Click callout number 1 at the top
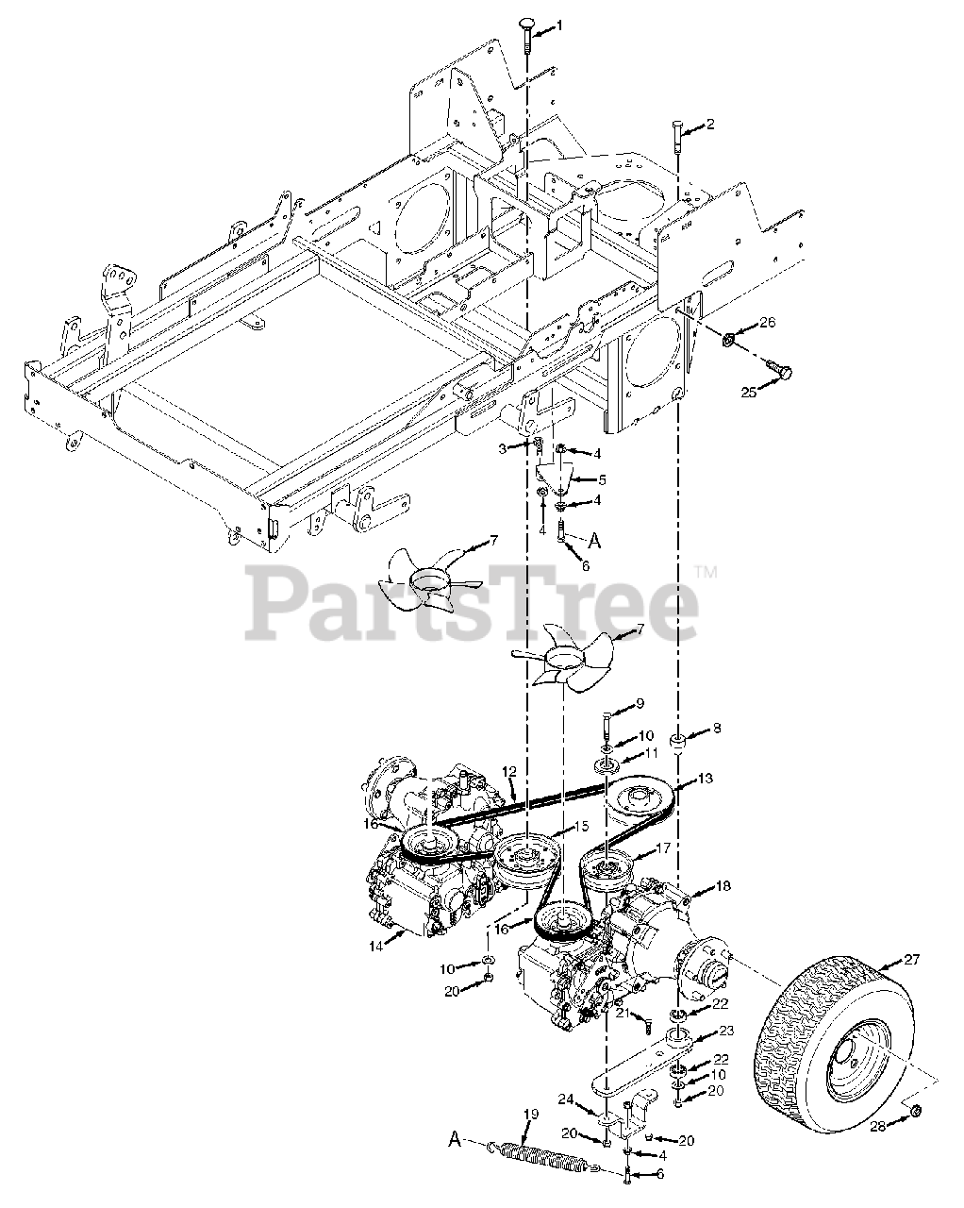click(x=557, y=26)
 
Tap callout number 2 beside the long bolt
click(x=710, y=124)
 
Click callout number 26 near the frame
click(x=767, y=324)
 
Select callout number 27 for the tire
click(x=911, y=962)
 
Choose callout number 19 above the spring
click(x=532, y=1115)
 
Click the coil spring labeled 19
click(x=538, y=1153)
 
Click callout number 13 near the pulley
click(x=706, y=779)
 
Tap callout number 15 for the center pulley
click(x=582, y=826)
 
